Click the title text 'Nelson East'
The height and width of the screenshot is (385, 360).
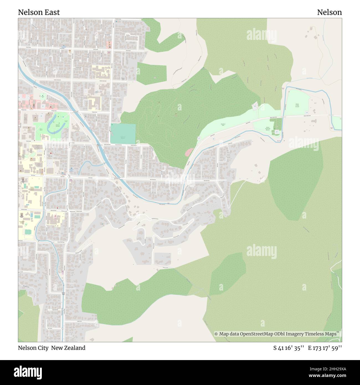(39, 12)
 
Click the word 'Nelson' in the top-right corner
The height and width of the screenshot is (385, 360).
(329, 12)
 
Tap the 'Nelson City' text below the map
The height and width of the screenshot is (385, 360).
(34, 348)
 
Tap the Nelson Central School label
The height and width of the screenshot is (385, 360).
(32, 189)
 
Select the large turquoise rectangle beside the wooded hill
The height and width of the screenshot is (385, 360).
(123, 134)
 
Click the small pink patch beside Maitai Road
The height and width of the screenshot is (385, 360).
(189, 152)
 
